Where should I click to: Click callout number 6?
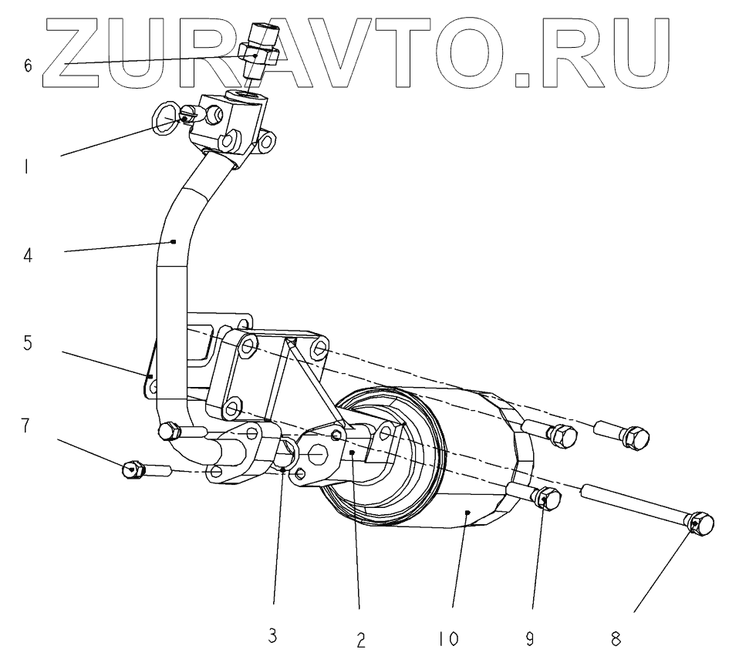coord(28,66)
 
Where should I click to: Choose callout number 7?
coord(28,426)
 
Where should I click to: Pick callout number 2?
coord(360,639)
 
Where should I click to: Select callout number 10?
coord(446,639)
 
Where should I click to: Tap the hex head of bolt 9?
coord(546,499)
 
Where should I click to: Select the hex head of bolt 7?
coord(133,468)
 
